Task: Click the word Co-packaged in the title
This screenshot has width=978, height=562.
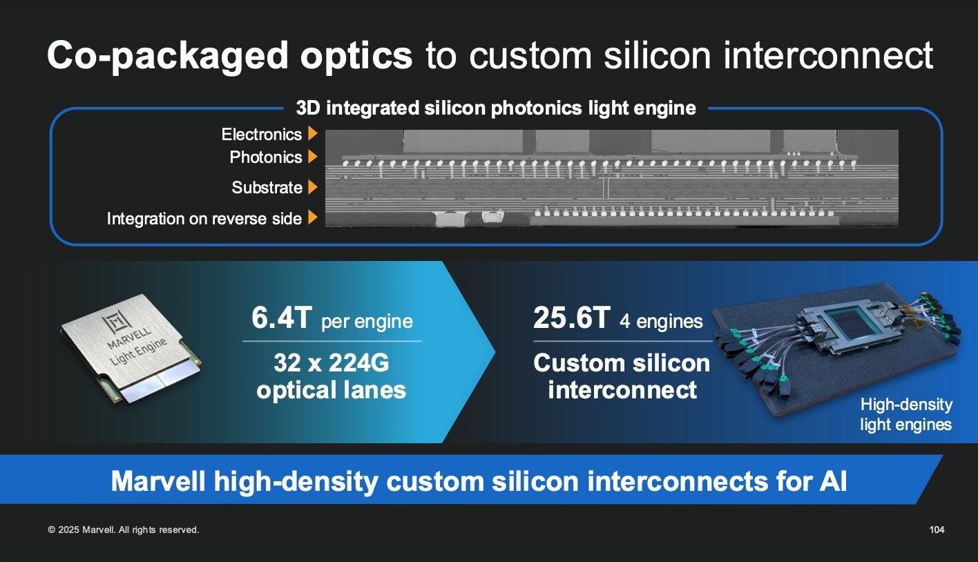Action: pos(230,57)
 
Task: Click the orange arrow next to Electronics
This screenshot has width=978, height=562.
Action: pos(313,133)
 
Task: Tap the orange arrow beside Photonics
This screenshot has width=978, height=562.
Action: pos(313,157)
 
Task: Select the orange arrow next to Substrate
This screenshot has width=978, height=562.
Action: pos(313,187)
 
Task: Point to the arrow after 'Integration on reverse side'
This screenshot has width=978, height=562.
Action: pos(313,217)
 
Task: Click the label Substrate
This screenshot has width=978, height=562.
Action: pos(267,188)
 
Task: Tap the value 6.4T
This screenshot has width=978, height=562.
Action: pos(282,318)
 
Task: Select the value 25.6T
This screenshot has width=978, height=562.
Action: pos(571,318)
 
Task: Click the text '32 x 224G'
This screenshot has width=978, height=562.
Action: pos(332,362)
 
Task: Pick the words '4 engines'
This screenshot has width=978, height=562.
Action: pos(661,322)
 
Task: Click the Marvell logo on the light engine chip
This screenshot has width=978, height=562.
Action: pos(115,323)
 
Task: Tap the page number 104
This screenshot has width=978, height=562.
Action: pos(937,530)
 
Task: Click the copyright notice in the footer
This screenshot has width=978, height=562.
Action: pos(123,530)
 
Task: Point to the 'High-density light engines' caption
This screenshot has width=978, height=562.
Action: pos(906,414)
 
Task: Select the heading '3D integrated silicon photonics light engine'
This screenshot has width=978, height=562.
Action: pos(496,108)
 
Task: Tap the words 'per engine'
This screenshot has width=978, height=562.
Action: pos(367,322)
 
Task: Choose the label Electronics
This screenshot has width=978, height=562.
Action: pos(262,135)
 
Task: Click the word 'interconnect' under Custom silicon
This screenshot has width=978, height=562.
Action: pos(622,389)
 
